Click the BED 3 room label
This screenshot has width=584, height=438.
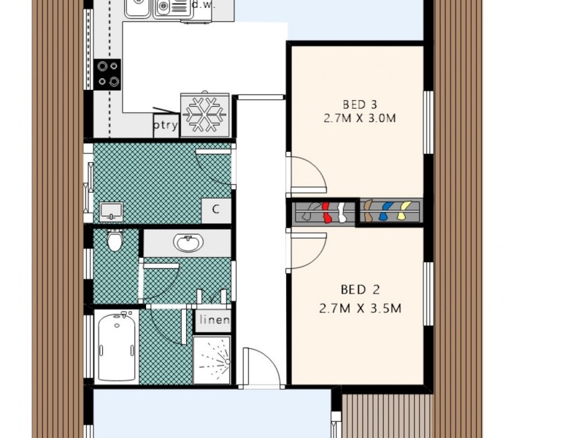tap(359, 103)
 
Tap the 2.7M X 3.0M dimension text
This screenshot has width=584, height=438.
tap(358, 118)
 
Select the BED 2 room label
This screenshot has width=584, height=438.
tap(360, 289)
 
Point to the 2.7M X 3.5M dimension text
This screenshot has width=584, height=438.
tap(360, 308)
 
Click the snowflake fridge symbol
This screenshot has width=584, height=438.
tap(205, 114)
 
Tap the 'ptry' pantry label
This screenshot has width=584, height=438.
tap(166, 124)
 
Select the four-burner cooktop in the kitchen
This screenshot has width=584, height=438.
tap(108, 73)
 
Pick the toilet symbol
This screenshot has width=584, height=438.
tap(115, 240)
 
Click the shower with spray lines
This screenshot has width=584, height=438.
tap(212, 359)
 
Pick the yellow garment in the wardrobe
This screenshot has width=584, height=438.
tap(401, 212)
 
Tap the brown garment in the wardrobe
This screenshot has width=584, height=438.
tap(369, 212)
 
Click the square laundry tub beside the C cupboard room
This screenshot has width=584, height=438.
tap(112, 211)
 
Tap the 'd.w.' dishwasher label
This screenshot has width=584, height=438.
tap(203, 4)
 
